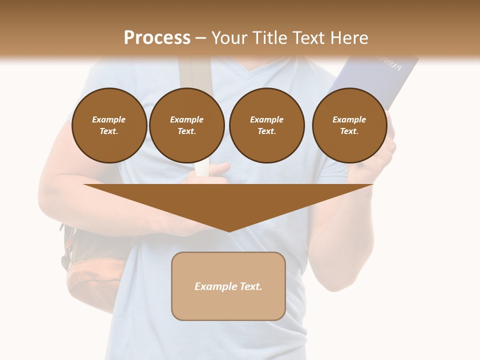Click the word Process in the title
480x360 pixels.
157,38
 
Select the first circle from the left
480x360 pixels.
109,125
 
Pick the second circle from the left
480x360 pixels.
186,125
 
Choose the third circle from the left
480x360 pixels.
266,125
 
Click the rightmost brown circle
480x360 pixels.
349,125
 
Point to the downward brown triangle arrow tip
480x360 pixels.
229,230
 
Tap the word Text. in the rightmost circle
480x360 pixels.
349,131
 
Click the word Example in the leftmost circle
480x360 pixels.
109,119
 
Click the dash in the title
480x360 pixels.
201,38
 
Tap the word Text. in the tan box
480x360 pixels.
250,286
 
